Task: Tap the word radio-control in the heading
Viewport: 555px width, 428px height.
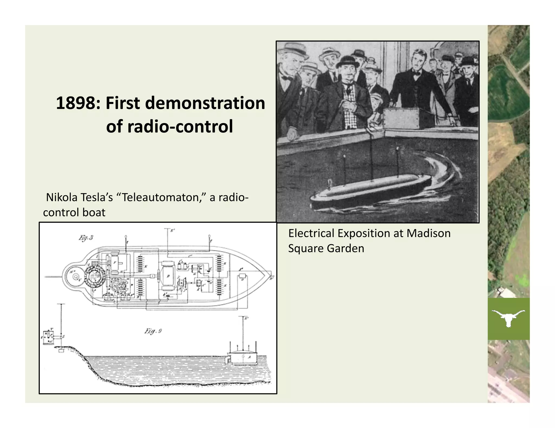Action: [x=169, y=126]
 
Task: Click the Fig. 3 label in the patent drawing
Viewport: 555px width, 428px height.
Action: [x=86, y=238]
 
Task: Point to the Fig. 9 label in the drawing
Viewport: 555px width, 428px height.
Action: [x=153, y=331]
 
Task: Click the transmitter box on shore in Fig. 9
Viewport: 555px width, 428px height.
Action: [x=49, y=337]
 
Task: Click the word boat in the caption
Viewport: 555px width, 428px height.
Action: [x=94, y=212]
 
